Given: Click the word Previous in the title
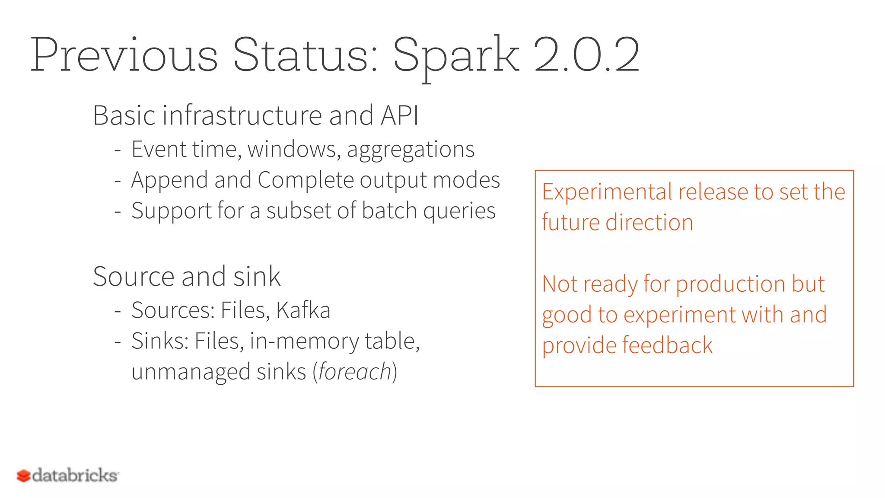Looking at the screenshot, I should click(x=124, y=55).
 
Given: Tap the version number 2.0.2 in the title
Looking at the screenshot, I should click(x=586, y=55).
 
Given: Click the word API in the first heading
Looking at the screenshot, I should click(x=399, y=115).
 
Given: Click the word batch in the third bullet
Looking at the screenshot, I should click(x=389, y=211).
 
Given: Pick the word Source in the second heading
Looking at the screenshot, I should click(x=134, y=277).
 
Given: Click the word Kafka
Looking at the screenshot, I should click(x=303, y=310).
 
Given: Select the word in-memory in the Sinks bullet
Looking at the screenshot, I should click(x=304, y=342).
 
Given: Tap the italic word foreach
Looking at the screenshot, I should click(x=355, y=372).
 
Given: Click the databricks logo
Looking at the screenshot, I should click(x=67, y=476).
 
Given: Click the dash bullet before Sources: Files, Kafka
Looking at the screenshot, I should click(x=118, y=311).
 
